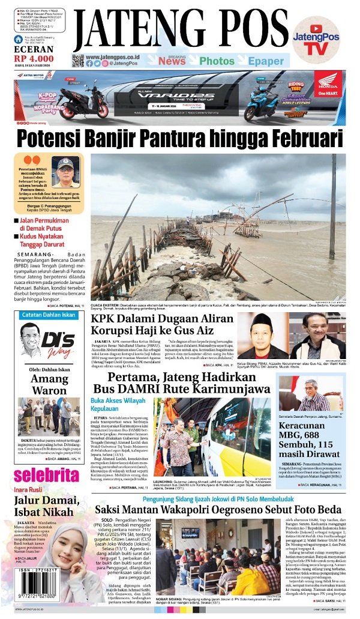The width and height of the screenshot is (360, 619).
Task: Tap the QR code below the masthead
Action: point(77,61)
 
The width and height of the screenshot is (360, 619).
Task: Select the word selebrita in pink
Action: point(47,476)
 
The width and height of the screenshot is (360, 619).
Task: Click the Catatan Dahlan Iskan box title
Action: point(49,315)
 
